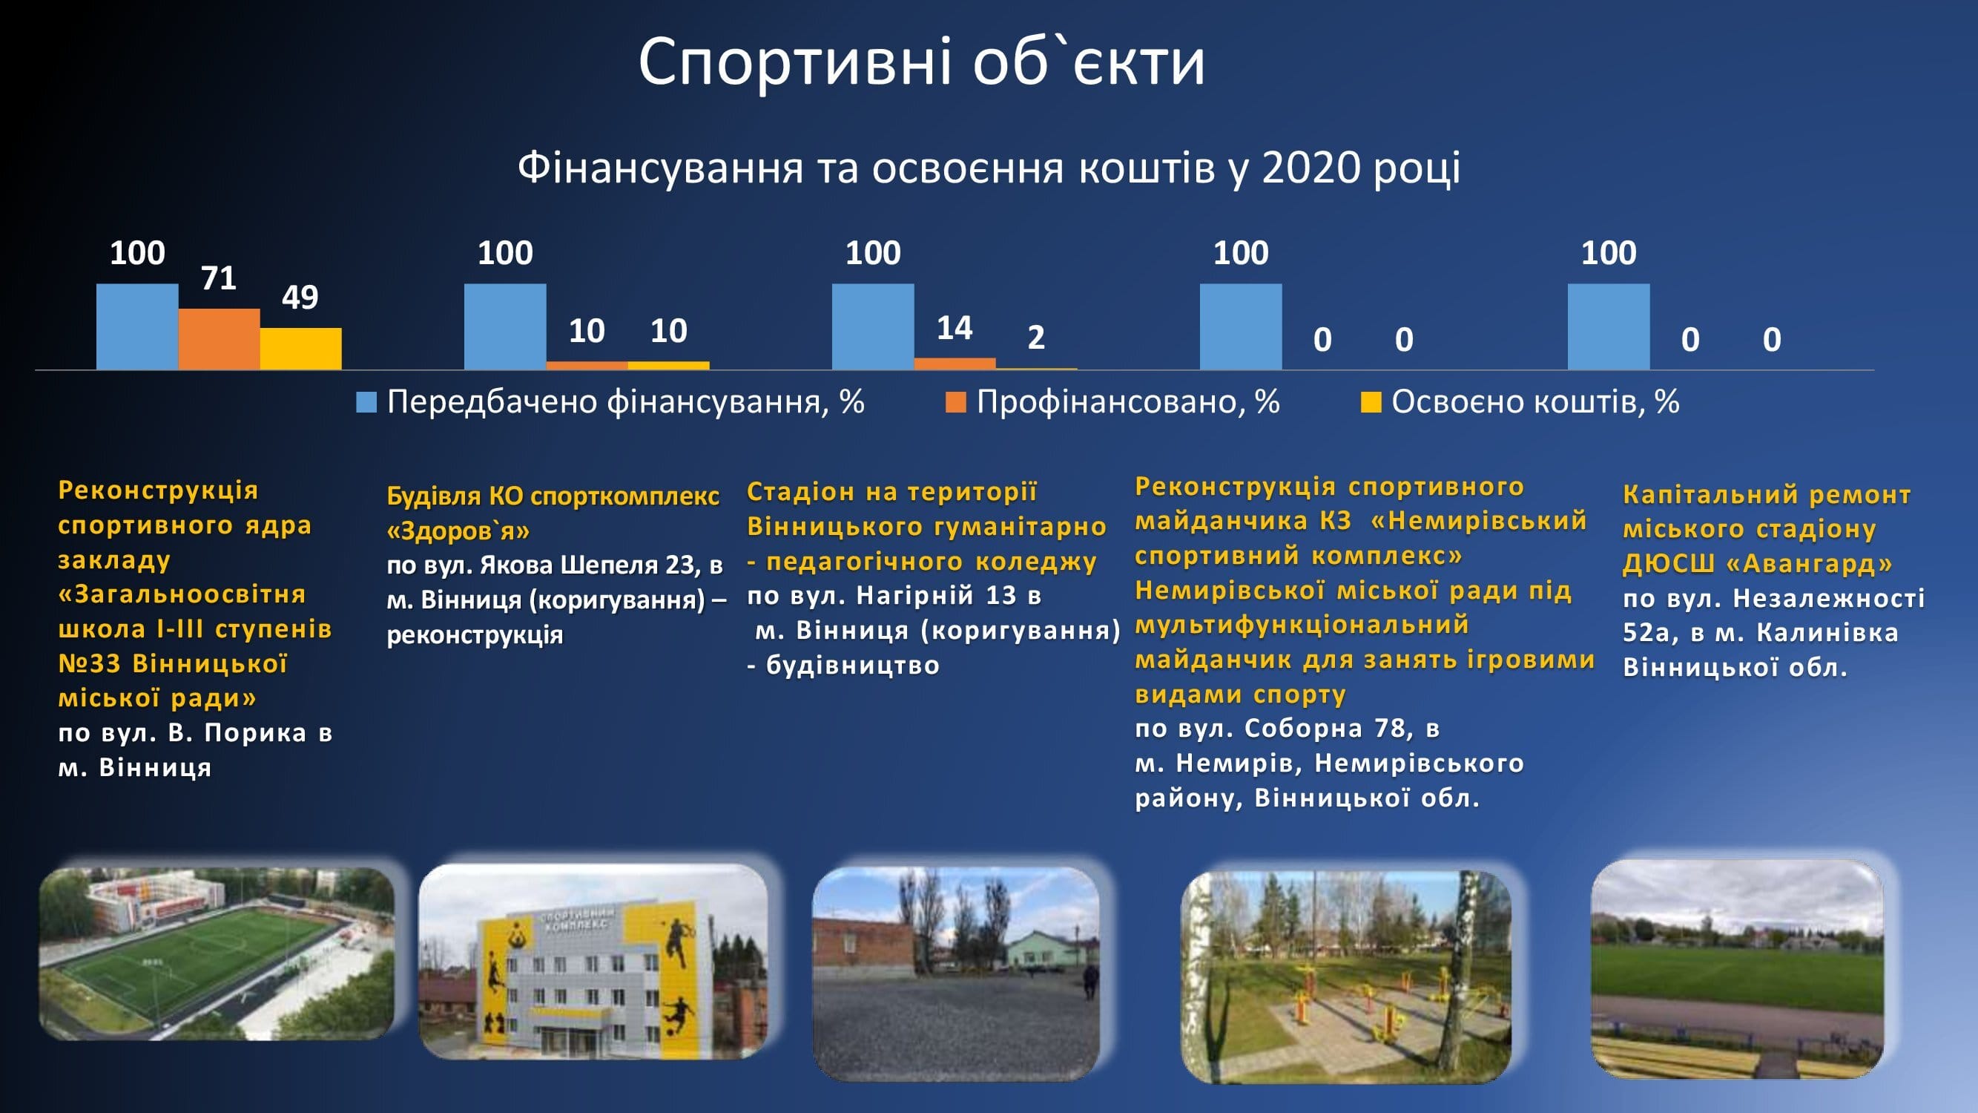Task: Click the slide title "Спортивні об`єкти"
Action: pyautogui.click(x=921, y=62)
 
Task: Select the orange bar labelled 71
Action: pyautogui.click(x=219, y=339)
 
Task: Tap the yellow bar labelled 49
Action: pyautogui.click(x=300, y=349)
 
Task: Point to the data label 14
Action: pyautogui.click(x=955, y=328)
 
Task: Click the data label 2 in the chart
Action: pyautogui.click(x=1036, y=338)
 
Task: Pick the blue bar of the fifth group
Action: pyautogui.click(x=1609, y=326)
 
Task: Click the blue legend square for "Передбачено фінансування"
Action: pyautogui.click(x=366, y=401)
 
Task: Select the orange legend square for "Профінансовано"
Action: pyautogui.click(x=955, y=401)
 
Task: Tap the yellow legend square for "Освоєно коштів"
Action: pyautogui.click(x=1371, y=401)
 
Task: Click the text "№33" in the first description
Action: pyautogui.click(x=89, y=663)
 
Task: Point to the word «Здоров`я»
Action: pyautogui.click(x=458, y=531)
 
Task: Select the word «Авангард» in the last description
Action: pyautogui.click(x=1809, y=564)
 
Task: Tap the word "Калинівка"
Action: pyautogui.click(x=1827, y=632)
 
